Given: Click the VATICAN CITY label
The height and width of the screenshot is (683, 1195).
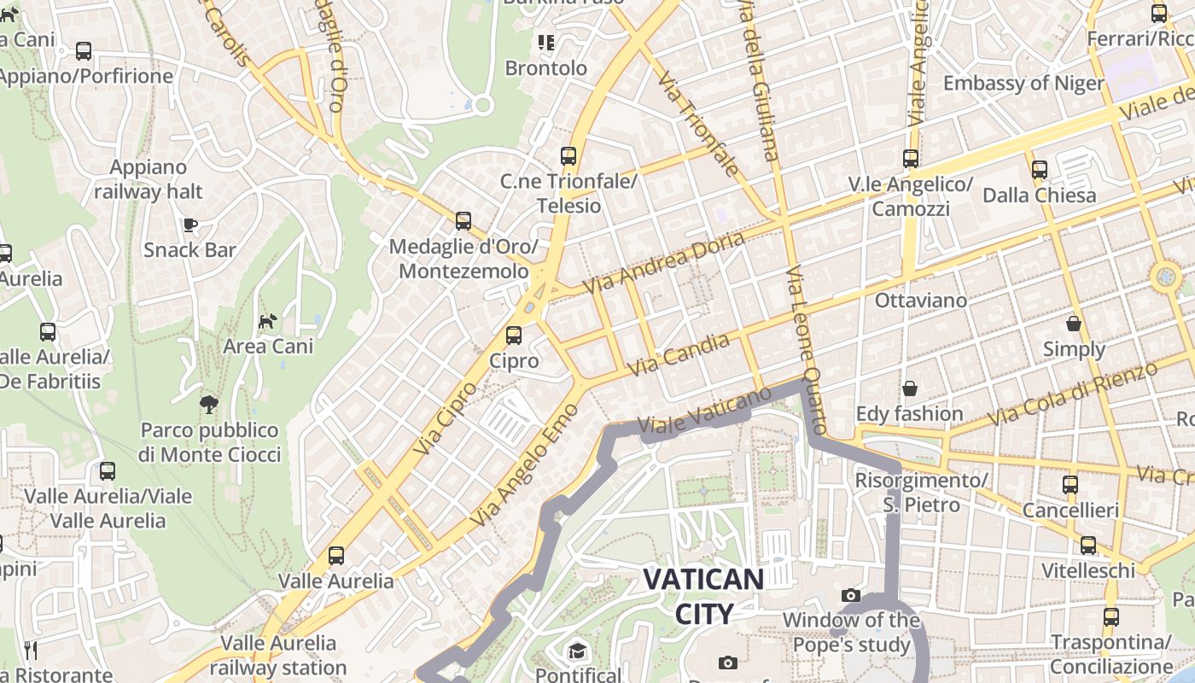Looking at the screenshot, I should (x=703, y=596).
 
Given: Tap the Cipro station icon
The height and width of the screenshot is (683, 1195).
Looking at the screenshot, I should (x=514, y=336).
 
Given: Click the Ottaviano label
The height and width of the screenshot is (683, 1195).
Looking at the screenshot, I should (x=921, y=301).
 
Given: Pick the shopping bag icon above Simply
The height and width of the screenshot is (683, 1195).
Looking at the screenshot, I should (x=1074, y=324).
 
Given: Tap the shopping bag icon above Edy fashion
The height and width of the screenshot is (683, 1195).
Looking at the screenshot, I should (x=910, y=388).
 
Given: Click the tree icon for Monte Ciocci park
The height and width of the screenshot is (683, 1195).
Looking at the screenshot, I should (x=209, y=405).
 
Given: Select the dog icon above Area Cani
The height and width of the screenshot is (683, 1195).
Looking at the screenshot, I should (x=268, y=321).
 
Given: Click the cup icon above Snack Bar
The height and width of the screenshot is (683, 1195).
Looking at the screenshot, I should (x=189, y=225).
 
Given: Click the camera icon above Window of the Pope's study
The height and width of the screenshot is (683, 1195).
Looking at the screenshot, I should (x=851, y=595).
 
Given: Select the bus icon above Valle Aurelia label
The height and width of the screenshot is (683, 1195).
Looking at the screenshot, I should (x=336, y=556).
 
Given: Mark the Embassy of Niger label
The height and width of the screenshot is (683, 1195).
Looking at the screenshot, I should (x=1023, y=84).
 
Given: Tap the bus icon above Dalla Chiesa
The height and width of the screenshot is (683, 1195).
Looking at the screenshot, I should (x=1039, y=170).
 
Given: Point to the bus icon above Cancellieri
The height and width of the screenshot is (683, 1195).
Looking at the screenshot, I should (x=1070, y=485).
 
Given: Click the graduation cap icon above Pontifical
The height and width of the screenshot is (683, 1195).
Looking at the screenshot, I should (x=578, y=651).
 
